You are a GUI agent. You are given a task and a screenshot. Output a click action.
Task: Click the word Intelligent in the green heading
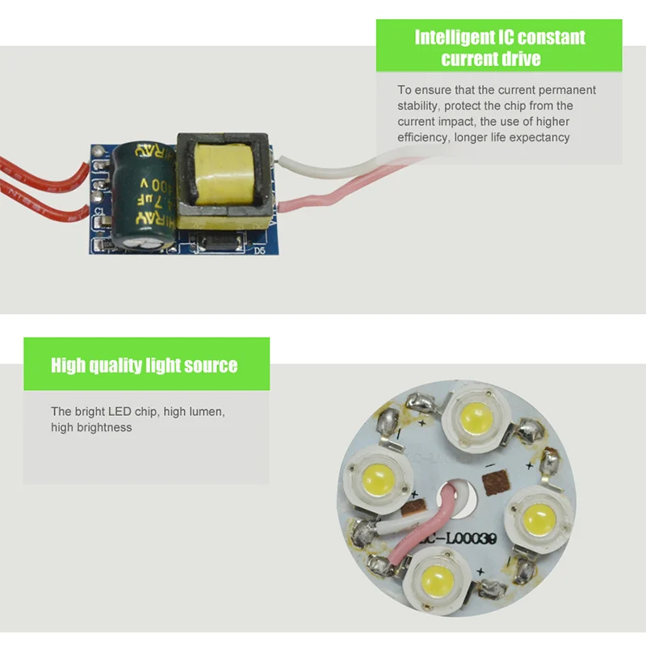tap(454, 37)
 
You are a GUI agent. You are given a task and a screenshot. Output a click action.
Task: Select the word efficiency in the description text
tap(423, 137)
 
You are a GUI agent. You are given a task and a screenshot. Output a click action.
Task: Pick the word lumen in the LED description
tap(205, 412)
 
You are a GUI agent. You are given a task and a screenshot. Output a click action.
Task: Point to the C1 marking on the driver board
tap(99, 211)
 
